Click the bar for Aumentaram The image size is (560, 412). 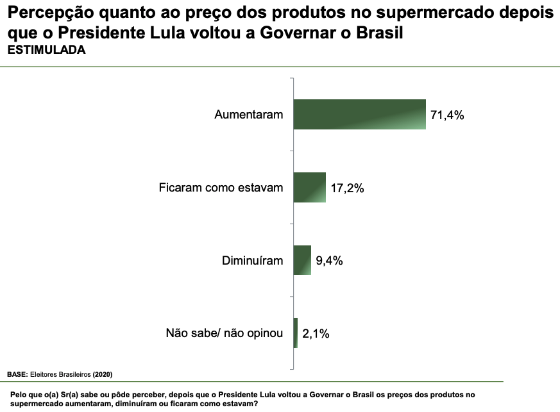click(359, 115)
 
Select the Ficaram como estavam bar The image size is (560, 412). click(309, 188)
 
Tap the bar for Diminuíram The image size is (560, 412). click(302, 260)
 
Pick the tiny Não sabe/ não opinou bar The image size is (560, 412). click(296, 333)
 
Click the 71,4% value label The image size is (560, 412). click(447, 115)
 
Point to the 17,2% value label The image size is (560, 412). click(348, 188)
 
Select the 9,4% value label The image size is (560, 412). click(330, 261)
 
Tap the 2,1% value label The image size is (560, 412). click(316, 334)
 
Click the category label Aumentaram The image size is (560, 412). click(248, 115)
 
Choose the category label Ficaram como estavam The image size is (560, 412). click(221, 188)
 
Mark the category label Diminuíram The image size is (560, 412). click(252, 261)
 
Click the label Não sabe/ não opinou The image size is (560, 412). click(224, 334)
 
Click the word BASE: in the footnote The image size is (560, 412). click(17, 374)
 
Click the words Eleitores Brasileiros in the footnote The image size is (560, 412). click(61, 374)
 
